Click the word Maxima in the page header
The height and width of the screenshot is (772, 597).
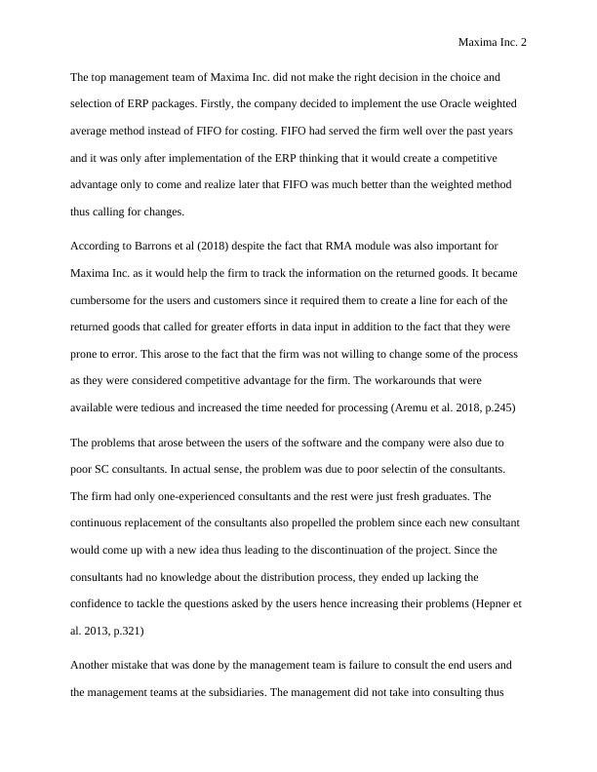477,43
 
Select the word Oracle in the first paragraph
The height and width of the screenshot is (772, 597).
440,102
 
